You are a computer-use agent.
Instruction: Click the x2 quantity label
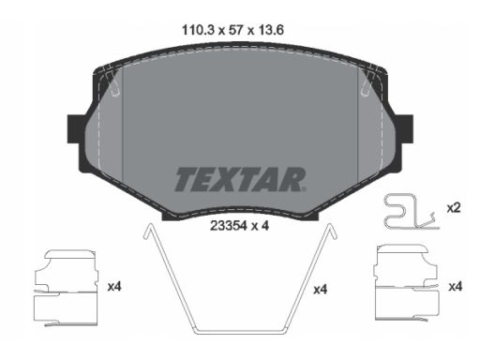452,208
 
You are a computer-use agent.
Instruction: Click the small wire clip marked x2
407,211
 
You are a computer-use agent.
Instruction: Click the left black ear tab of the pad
76,129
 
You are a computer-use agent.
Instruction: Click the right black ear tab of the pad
404,129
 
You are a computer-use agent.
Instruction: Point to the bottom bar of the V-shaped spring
239,331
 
